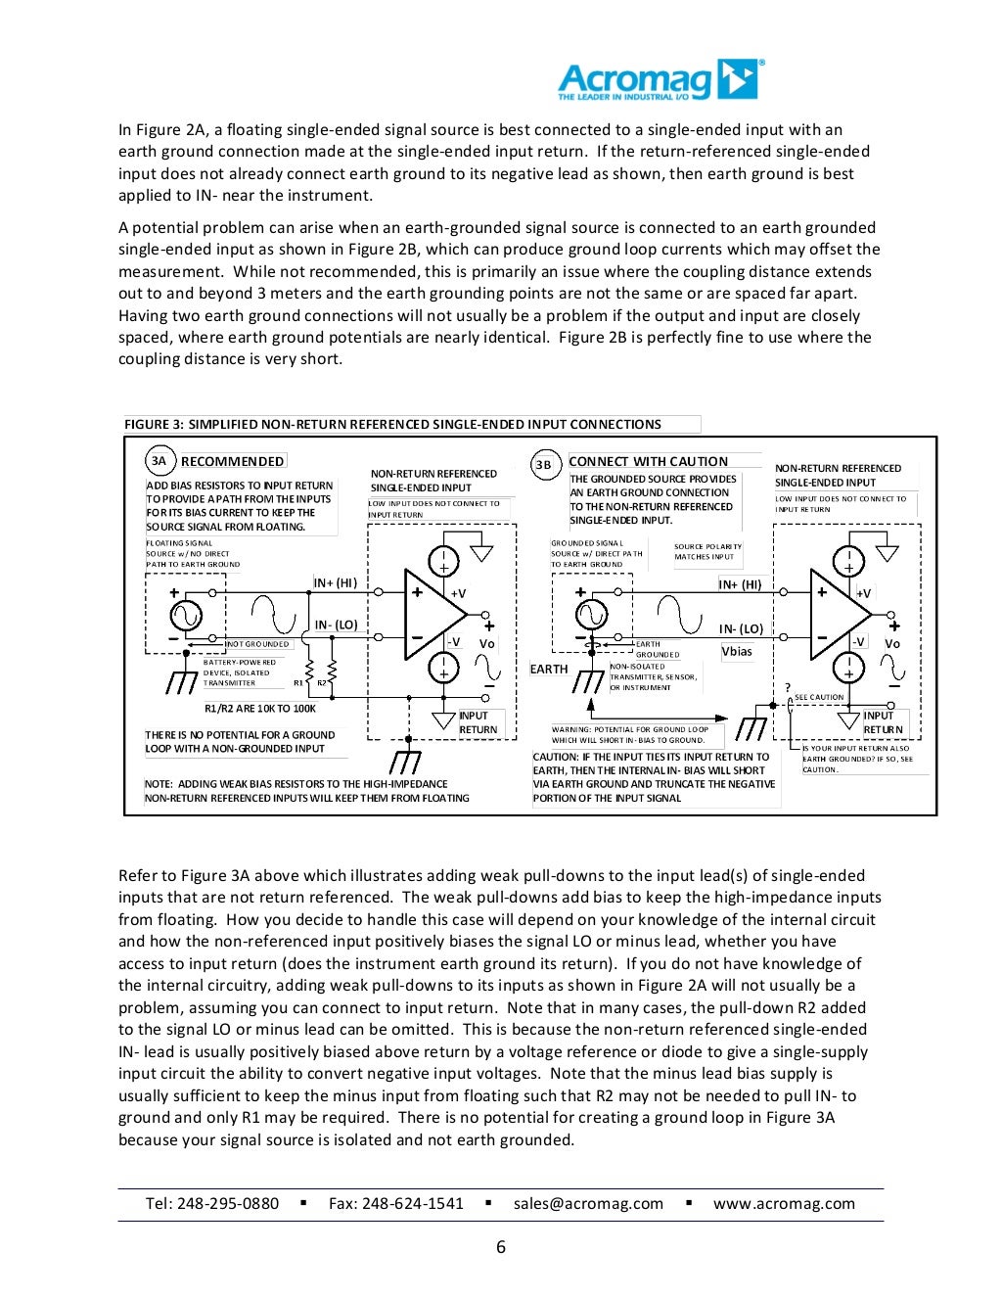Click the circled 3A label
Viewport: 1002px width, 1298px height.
click(x=159, y=461)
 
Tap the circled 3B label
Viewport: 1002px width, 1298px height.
click(x=544, y=465)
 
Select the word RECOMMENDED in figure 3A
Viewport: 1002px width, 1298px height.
click(x=233, y=461)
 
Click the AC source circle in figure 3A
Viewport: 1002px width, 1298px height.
click(x=186, y=616)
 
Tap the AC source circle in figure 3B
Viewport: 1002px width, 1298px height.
click(x=591, y=615)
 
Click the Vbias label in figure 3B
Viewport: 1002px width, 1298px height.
click(x=737, y=652)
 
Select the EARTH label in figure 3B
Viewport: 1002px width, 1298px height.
click(x=549, y=670)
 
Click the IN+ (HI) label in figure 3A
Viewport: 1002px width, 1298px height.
click(x=336, y=583)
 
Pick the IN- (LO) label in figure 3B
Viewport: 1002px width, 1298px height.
click(x=741, y=629)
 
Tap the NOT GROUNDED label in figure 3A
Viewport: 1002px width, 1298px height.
click(x=258, y=644)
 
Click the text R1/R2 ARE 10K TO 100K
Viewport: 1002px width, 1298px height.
click(x=260, y=709)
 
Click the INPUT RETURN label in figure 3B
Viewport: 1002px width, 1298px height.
click(x=883, y=722)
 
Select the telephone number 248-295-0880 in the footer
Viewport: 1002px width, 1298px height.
click(x=228, y=1204)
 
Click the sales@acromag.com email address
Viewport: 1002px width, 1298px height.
click(x=588, y=1204)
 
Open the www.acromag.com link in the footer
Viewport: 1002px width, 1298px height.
click(x=784, y=1204)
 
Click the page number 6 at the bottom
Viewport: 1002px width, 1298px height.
click(x=501, y=1247)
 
